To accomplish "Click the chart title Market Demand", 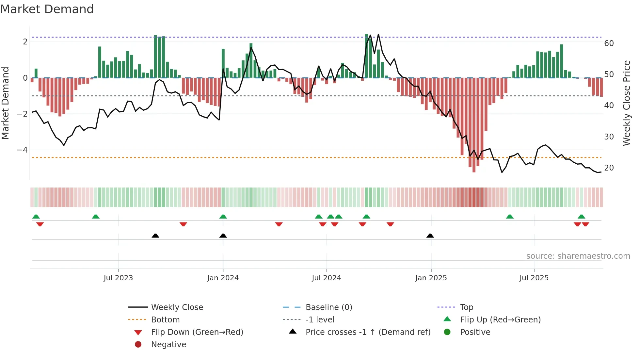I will click(47, 9).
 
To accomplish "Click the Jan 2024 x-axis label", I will click(223, 278).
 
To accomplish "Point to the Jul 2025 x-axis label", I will click(534, 278).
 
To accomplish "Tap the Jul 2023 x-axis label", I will click(118, 278).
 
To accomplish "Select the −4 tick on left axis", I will click(22, 150).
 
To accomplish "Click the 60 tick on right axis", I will click(609, 43).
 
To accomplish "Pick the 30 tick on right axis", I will click(609, 137).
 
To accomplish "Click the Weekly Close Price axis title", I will click(626, 103).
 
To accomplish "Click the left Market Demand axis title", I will click(5, 103).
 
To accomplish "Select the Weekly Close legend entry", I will click(177, 307).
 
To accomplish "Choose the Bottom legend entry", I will click(165, 320).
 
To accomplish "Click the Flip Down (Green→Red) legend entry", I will click(197, 332).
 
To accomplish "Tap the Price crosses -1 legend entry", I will click(368, 332).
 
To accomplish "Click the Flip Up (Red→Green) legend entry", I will click(500, 320).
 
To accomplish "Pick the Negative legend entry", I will click(168, 345).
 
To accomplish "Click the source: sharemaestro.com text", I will click(578, 256).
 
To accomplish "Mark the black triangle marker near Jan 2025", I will click(430, 236).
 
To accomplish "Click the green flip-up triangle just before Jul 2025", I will click(510, 217).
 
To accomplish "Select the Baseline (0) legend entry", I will click(328, 307).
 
